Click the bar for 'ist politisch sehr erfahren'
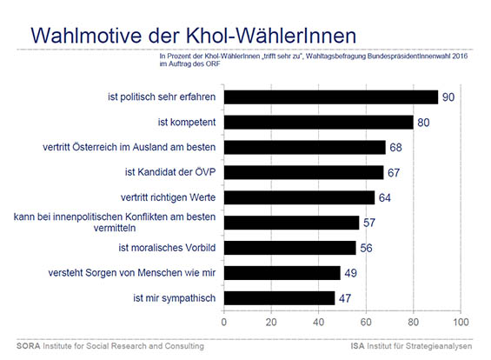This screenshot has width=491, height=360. click(x=331, y=97)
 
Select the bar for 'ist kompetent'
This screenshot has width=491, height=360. click(x=319, y=123)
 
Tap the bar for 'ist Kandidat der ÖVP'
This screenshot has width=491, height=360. click(x=304, y=172)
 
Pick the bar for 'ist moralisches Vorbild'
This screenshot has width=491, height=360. click(x=290, y=248)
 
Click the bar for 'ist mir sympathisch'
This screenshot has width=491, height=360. click(x=279, y=298)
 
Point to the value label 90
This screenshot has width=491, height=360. click(x=448, y=97)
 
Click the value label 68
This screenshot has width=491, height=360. click(x=395, y=147)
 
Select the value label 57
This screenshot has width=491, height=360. click(x=369, y=223)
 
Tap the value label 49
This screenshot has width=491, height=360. click(x=351, y=273)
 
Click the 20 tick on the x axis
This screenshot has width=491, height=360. click(x=271, y=322)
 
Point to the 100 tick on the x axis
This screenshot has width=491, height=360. click(x=461, y=322)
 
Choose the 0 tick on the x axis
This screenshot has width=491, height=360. click(x=224, y=322)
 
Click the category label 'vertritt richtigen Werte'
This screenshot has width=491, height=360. click(x=168, y=197)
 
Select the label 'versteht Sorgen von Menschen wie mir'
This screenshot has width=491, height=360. click(x=132, y=272)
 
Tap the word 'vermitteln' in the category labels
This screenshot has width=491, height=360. click(x=115, y=228)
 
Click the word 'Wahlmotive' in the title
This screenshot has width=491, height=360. click(x=86, y=35)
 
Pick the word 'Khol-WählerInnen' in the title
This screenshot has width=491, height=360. click(x=271, y=35)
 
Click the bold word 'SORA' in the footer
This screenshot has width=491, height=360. click(x=28, y=346)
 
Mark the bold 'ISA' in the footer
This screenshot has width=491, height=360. click(x=357, y=346)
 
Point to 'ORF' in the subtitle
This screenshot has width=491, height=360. click(x=213, y=64)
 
